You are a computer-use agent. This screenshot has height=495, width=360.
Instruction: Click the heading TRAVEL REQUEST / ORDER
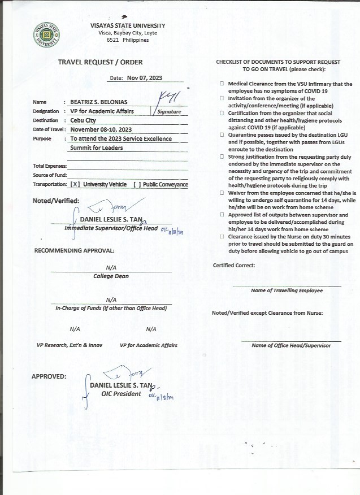(101, 62)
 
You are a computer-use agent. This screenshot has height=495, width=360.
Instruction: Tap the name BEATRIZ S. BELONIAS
(99, 102)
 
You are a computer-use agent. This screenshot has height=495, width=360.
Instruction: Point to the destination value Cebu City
(83, 120)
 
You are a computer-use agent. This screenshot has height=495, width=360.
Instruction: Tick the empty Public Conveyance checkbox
(136, 185)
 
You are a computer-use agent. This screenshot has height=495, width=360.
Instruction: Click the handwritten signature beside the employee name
(169, 98)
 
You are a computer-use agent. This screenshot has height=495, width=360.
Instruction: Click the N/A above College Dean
(111, 268)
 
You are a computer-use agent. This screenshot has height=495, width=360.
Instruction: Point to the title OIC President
(121, 394)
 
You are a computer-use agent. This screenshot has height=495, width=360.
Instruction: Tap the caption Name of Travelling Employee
(287, 290)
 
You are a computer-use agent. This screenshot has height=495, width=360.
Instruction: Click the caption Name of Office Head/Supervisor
(291, 345)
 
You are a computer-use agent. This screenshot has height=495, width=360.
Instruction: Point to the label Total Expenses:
(50, 166)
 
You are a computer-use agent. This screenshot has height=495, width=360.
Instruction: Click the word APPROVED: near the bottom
(49, 376)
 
